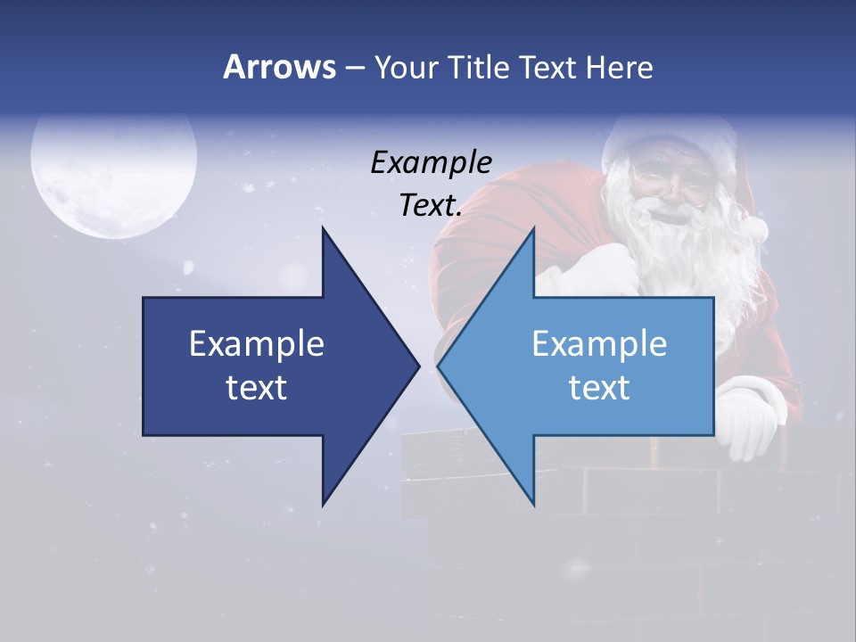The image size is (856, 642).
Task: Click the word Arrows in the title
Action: (278, 67)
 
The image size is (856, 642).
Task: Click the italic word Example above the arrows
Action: (431, 162)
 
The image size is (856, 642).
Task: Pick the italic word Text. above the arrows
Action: (431, 205)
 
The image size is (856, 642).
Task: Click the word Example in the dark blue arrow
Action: (257, 343)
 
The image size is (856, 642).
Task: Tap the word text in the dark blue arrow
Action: (257, 387)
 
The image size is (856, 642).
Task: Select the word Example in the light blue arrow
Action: (599, 343)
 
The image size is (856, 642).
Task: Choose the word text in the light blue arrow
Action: (599, 387)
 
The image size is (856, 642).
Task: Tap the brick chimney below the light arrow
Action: (624, 499)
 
